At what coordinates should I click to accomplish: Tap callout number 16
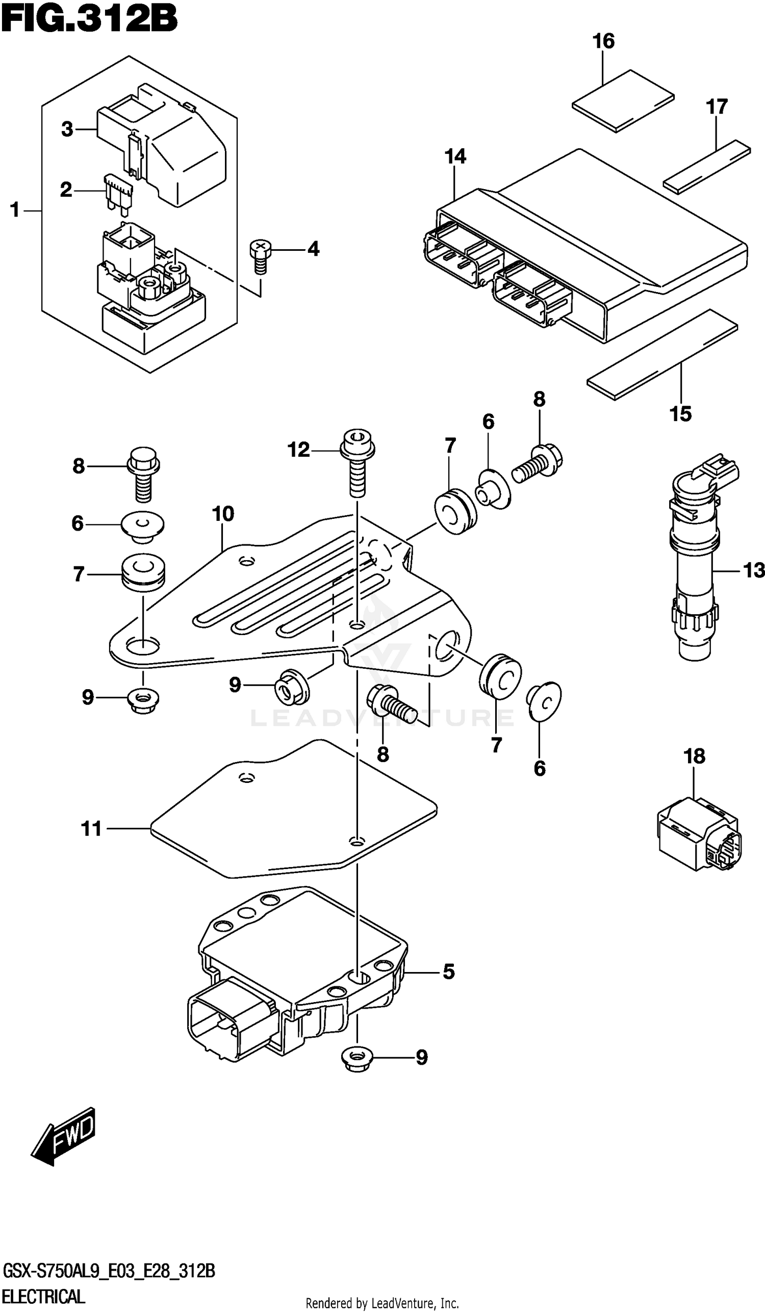603,41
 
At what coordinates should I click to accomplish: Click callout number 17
716,107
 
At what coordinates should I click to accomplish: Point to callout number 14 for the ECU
455,156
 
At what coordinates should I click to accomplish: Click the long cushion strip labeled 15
662,354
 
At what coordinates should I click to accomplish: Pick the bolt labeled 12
357,463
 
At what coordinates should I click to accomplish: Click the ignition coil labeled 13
694,563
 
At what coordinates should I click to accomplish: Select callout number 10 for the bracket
223,514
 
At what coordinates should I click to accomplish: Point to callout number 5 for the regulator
448,971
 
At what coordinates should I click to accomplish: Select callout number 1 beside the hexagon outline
15,211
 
